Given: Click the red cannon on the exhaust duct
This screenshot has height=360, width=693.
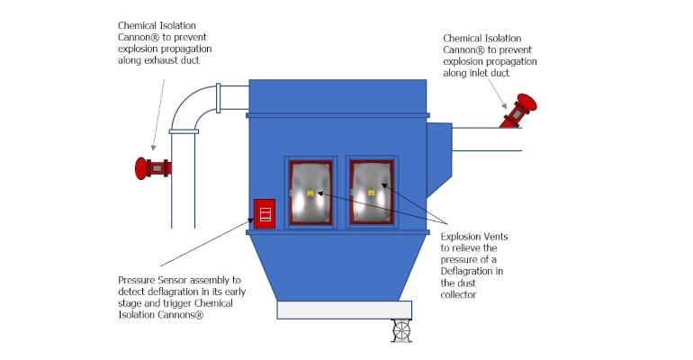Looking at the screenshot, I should [x=152, y=167].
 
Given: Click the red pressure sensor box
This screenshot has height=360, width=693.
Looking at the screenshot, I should [x=264, y=213].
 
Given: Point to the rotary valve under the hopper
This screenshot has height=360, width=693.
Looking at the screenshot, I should [x=400, y=330].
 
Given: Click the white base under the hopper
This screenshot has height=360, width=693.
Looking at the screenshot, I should [x=344, y=310].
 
